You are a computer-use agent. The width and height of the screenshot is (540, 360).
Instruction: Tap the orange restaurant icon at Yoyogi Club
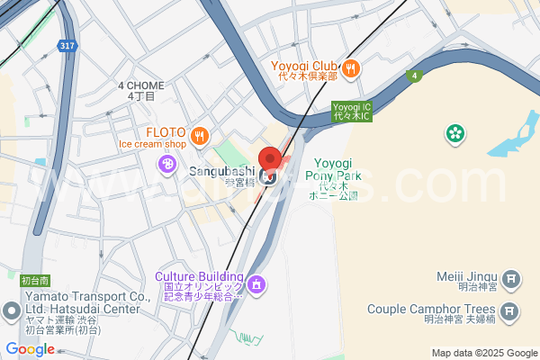[352, 67]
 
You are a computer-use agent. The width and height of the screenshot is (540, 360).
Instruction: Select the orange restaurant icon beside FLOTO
[200, 136]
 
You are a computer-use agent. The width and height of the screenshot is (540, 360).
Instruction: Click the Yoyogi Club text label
[303, 66]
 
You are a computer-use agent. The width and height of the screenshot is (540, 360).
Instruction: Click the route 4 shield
[413, 76]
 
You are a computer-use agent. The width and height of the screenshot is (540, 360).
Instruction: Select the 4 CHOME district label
[141, 85]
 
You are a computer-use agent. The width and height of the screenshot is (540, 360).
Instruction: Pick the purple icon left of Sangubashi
[166, 164]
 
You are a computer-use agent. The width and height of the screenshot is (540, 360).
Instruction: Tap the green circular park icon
[455, 134]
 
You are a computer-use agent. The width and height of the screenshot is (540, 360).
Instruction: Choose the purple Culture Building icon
[257, 284]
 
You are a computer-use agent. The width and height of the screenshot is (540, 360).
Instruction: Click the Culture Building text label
[199, 276]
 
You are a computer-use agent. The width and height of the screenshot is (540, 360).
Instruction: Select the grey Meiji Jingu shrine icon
[510, 280]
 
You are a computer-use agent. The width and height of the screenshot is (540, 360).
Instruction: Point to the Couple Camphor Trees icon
[510, 312]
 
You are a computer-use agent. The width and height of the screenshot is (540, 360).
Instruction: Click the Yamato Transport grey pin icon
[12, 311]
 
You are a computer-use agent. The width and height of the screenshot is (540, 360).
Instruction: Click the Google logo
[30, 348]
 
